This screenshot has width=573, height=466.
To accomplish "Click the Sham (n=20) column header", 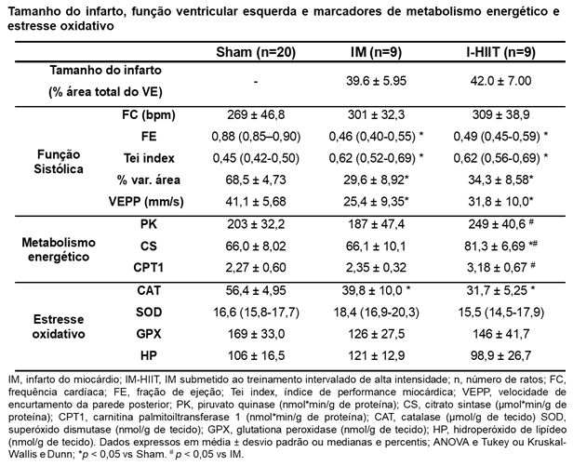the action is (x=256, y=52).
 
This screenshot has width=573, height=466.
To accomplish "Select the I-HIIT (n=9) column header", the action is (x=500, y=52).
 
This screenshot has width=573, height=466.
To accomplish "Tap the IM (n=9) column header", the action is (x=376, y=52).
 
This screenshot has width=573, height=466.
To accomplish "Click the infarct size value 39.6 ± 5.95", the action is (x=376, y=81).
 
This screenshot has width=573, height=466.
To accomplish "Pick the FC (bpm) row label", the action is (x=149, y=115).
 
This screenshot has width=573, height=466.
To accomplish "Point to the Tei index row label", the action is (x=149, y=158).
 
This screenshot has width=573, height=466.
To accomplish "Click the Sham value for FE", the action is (x=256, y=137).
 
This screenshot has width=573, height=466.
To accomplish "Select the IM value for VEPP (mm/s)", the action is (x=376, y=202).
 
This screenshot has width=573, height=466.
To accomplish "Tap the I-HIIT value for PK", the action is (x=500, y=223).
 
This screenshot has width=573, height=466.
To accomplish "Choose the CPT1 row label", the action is (x=149, y=268).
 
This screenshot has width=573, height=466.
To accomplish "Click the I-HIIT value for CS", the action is (x=500, y=246).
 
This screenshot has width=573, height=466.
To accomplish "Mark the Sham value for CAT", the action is (x=256, y=290).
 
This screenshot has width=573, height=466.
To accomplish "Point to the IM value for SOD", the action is (x=376, y=313).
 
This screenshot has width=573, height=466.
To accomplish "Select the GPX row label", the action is (x=149, y=334).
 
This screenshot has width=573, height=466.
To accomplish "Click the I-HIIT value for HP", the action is (x=500, y=355).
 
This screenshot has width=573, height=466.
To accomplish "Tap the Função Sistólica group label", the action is (x=59, y=162).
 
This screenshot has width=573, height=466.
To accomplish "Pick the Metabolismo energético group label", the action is (x=59, y=249).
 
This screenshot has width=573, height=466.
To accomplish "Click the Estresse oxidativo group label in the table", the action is (x=59, y=326).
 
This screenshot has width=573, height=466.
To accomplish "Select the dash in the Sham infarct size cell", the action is (x=256, y=82).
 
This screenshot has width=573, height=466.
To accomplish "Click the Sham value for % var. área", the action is (x=256, y=180).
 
